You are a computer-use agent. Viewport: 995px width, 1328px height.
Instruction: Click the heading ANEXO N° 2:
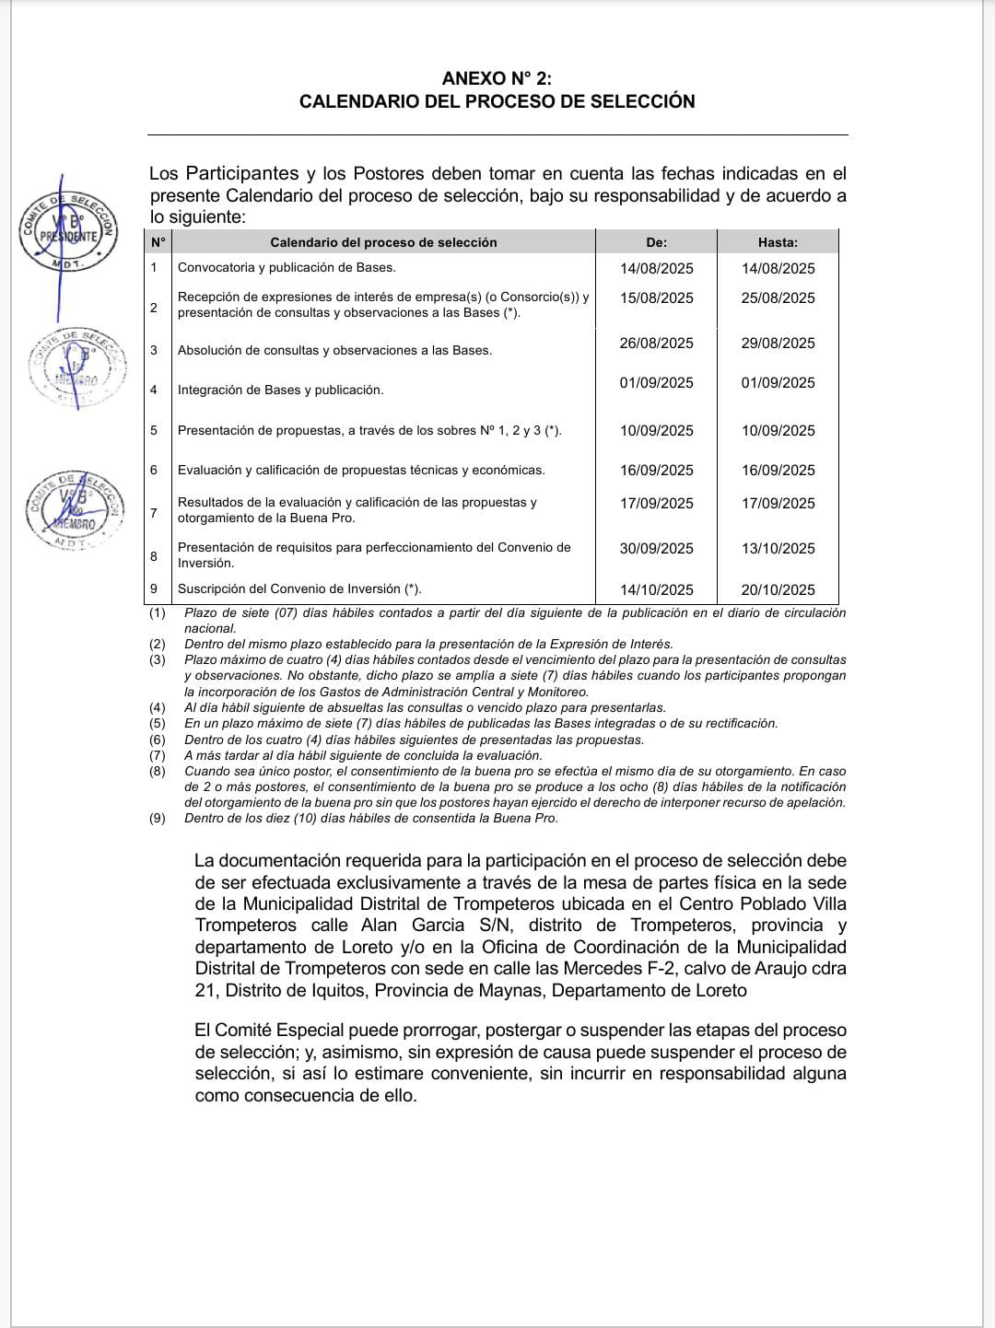point(497,78)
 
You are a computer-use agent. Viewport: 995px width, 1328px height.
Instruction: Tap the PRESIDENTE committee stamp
point(70,231)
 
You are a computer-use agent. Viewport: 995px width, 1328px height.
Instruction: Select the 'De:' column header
point(656,242)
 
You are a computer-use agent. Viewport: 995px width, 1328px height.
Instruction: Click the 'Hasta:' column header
point(778,242)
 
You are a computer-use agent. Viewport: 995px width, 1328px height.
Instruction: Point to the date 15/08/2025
point(656,298)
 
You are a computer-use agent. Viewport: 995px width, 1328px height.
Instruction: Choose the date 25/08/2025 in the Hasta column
point(778,298)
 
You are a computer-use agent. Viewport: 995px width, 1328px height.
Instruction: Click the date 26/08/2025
point(656,344)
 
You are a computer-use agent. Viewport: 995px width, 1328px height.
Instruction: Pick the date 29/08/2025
point(778,344)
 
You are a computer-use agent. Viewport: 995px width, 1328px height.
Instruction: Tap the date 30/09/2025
point(656,549)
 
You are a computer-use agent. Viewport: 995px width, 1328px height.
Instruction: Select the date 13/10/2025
point(778,549)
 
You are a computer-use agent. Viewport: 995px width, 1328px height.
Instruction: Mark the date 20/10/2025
point(778,590)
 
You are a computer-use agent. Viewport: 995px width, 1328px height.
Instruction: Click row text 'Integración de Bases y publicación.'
point(280,390)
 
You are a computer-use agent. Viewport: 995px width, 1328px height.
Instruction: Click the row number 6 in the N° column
point(154,470)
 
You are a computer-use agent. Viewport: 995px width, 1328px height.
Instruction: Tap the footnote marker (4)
point(158,708)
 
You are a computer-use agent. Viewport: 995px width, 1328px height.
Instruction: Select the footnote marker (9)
point(158,819)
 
